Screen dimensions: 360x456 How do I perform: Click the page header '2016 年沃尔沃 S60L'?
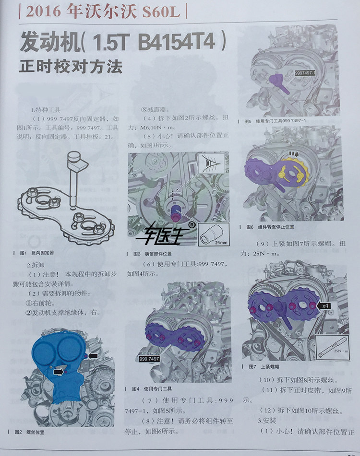point(103,12)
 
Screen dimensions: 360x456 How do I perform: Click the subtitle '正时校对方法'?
point(71,67)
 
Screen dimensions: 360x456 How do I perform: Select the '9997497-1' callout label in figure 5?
point(305,73)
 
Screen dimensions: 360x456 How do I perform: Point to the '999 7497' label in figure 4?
point(149,359)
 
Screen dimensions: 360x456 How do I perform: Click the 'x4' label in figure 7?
point(325,305)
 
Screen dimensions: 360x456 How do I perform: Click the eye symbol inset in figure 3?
point(211,163)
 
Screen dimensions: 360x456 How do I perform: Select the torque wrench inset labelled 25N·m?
point(332,348)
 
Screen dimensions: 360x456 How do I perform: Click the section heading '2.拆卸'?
point(36,265)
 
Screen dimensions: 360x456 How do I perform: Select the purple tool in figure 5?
point(279,83)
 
